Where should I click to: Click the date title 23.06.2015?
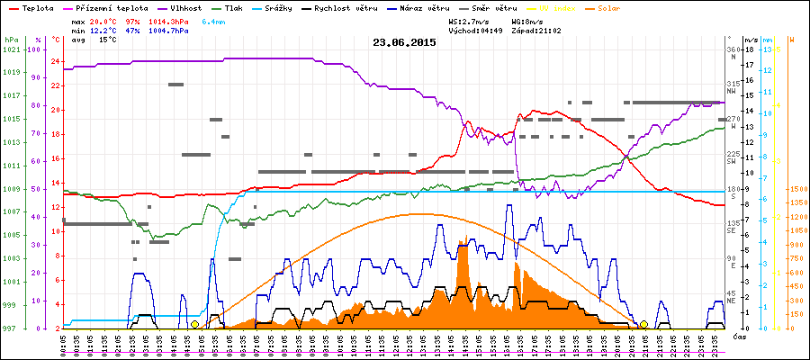point(404,42)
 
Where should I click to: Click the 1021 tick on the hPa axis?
point(11,49)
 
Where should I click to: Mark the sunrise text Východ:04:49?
point(474,31)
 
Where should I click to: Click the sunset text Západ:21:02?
point(537,31)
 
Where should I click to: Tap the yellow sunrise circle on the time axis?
point(194,324)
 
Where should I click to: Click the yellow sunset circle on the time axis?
point(643,324)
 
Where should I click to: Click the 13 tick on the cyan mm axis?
point(767,49)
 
